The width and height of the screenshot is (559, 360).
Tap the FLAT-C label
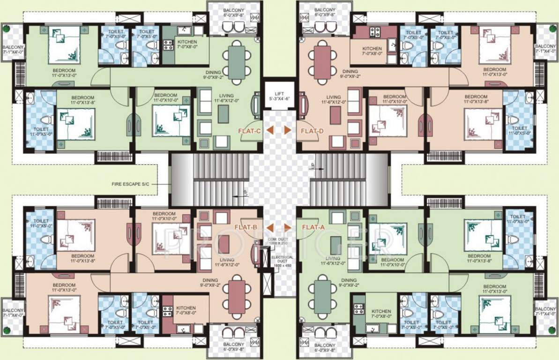point(249,131)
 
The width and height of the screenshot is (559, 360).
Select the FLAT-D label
point(312,131)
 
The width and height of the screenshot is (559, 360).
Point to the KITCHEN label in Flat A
point(381,314)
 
